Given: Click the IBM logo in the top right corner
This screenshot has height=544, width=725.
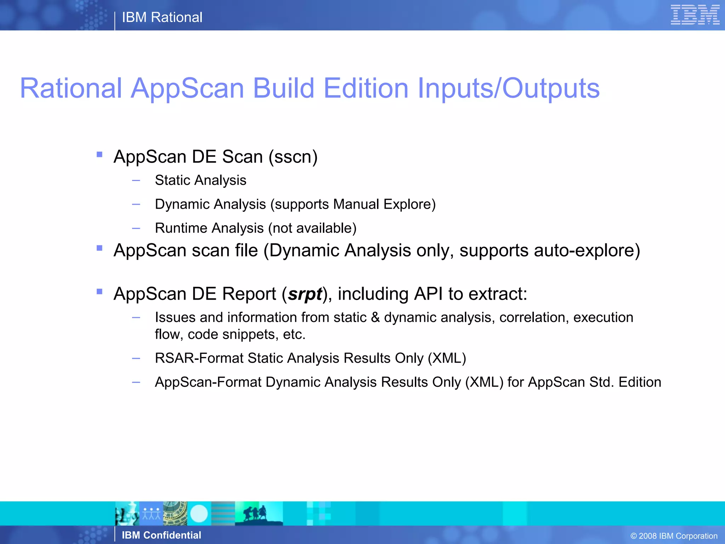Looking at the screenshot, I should point(695,15).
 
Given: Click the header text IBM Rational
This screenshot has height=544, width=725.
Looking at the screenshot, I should point(162,17).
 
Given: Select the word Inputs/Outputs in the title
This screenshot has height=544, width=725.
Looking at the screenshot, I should point(508,89).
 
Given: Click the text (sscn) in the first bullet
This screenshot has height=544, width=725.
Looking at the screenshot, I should point(293,157).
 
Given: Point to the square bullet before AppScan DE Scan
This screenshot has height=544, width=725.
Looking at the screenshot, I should point(99,154).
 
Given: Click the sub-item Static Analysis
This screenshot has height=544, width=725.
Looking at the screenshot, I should point(200,180).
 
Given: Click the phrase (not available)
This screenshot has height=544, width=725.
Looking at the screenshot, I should point(312,228).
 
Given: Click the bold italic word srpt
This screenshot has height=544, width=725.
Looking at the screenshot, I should point(305,294).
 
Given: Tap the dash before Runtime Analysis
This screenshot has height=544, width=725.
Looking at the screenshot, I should point(136,228).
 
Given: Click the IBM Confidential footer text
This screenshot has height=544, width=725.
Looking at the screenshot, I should point(161,535).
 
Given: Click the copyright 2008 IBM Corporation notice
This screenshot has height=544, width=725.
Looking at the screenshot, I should point(674,536).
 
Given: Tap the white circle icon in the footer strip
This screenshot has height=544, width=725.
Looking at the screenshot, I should point(199,514).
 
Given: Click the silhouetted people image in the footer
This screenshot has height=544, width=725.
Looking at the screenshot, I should point(258,514).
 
